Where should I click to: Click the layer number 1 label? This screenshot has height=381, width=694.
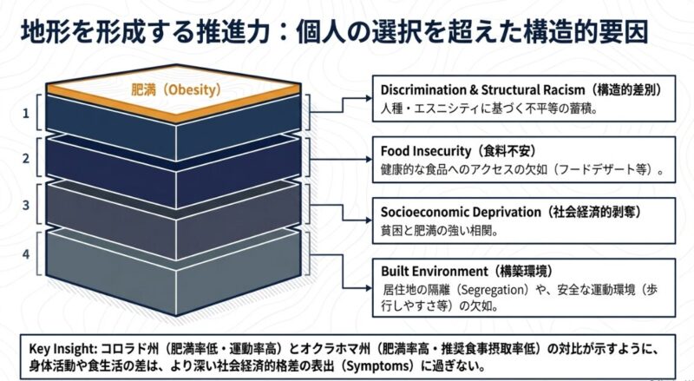pyautogui.click(x=26, y=113)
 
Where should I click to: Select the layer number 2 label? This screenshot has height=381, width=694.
pyautogui.click(x=26, y=158)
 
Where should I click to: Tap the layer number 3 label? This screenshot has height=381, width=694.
pyautogui.click(x=26, y=205)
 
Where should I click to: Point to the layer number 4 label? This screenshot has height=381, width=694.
pyautogui.click(x=26, y=254)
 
